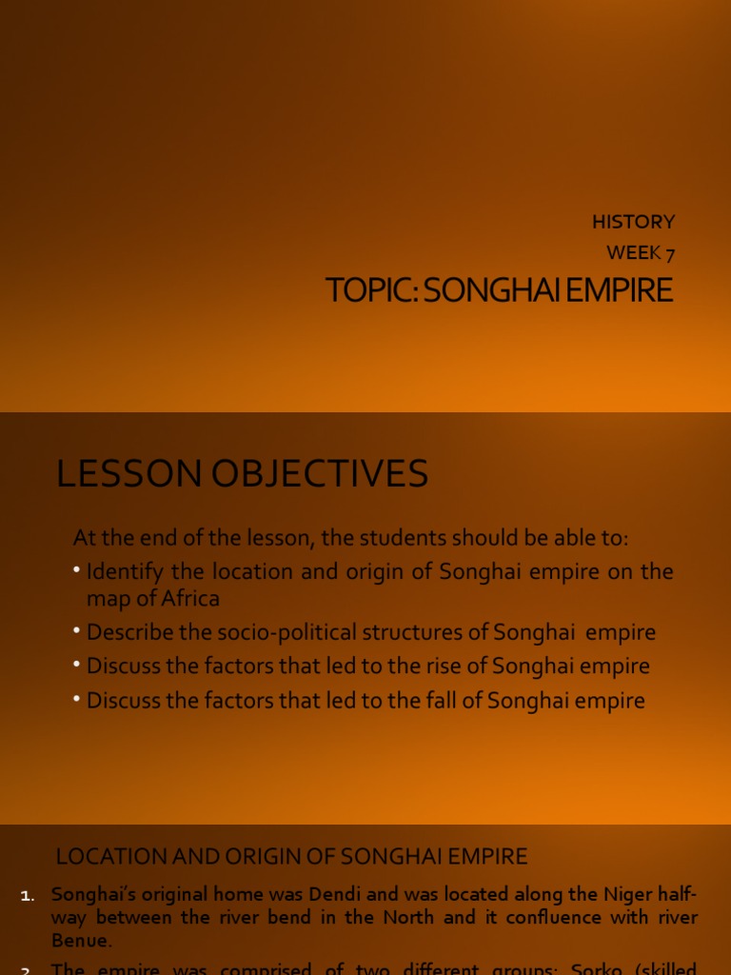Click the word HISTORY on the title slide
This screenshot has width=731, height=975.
633,222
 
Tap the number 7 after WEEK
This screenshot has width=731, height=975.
669,253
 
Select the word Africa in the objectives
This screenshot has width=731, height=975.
188,599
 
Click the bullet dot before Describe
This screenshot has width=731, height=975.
77,632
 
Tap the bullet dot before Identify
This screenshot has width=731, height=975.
77,571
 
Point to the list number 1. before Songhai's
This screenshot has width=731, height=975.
28,895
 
